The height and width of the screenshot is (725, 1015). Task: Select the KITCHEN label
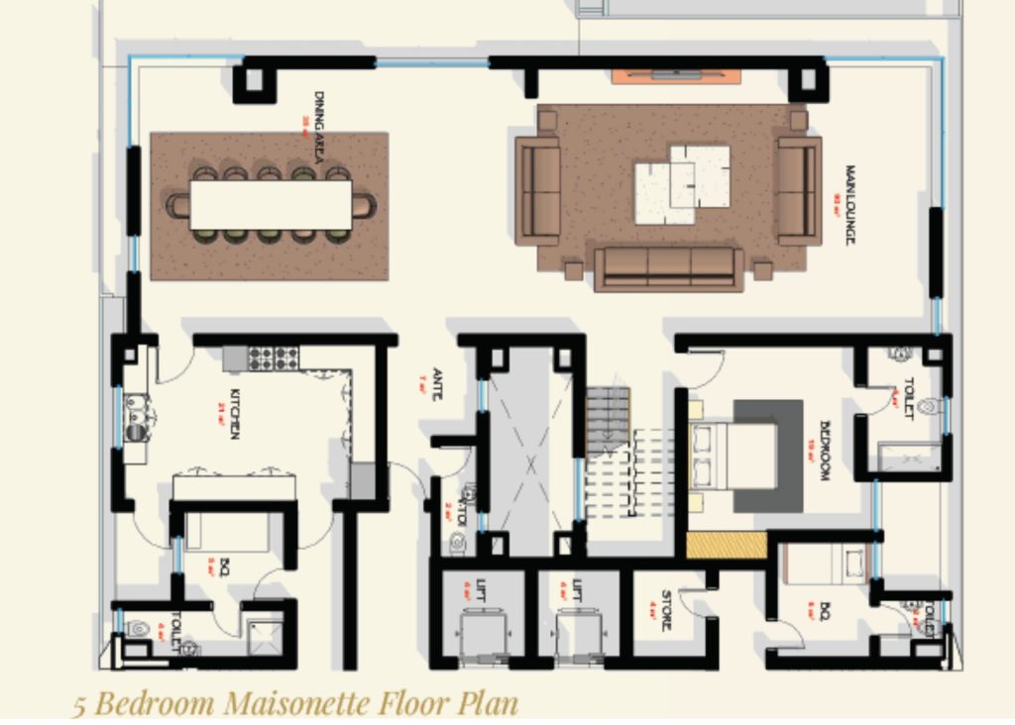[x=235, y=414]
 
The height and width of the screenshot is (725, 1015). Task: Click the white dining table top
[x=271, y=205]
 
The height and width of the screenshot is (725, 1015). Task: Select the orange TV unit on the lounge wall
[x=675, y=75]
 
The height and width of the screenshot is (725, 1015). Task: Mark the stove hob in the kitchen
[x=273, y=358]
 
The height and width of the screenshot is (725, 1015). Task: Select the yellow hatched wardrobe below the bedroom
[x=727, y=545]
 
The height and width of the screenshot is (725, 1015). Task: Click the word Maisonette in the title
[x=297, y=703]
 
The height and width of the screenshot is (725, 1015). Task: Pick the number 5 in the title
[x=78, y=704]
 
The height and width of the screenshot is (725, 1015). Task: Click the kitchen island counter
[x=234, y=487]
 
